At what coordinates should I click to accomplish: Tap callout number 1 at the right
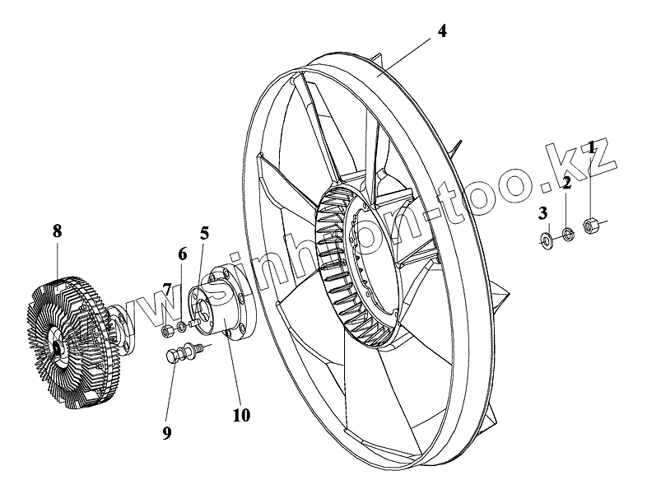pos(590,148)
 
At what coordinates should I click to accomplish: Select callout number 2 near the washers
pos(566,183)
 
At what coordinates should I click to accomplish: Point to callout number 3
pos(542,214)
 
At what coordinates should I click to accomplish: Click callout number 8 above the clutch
pos(57,231)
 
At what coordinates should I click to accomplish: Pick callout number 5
pos(204,233)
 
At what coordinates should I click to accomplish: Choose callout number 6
pos(182,253)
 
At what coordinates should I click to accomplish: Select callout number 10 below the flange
pos(240,415)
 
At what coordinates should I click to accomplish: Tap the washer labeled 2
pos(566,233)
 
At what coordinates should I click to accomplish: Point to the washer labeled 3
pos(545,240)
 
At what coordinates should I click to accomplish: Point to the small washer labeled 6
pos(182,333)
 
